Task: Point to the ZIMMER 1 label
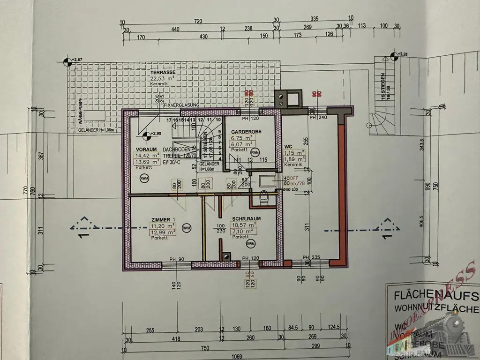(x=163, y=219)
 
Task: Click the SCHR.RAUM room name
(x=246, y=219)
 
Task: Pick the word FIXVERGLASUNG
(x=181, y=105)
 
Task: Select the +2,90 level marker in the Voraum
(x=147, y=135)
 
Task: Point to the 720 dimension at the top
(x=198, y=22)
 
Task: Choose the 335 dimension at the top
(x=315, y=19)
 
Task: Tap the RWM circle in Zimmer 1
(x=187, y=228)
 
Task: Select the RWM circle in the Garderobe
(x=255, y=152)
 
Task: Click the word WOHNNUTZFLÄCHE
(x=435, y=309)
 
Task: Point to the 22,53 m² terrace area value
(x=160, y=79)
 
